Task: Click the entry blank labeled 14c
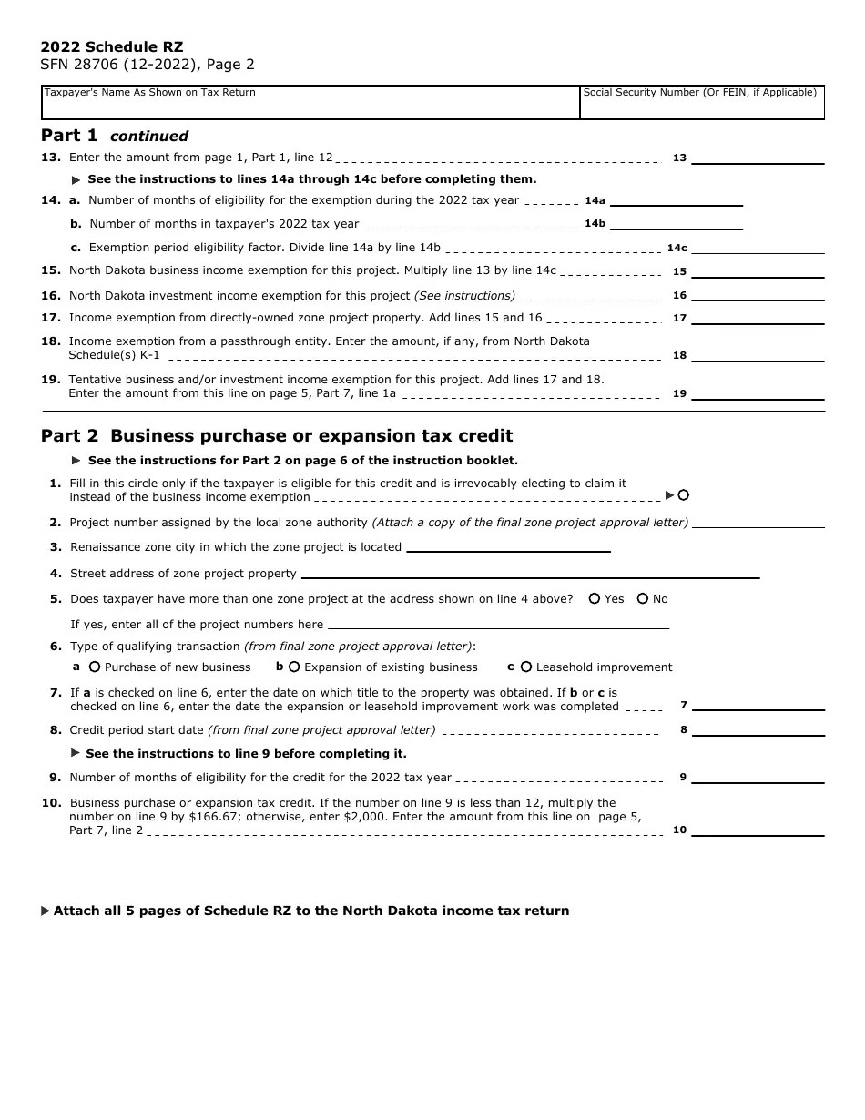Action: (758, 248)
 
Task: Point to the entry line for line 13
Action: (758, 158)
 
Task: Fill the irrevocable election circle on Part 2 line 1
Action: (683, 495)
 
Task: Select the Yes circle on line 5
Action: (595, 599)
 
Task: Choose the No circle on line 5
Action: (643, 599)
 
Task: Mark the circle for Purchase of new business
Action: (95, 667)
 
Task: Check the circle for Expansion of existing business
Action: (294, 667)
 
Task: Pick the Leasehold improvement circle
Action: (526, 667)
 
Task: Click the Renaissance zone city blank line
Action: (508, 547)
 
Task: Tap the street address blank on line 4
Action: (530, 574)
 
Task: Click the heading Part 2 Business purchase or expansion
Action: (277, 436)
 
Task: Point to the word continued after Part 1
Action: (149, 137)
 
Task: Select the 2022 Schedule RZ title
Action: (112, 47)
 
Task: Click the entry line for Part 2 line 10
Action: (758, 830)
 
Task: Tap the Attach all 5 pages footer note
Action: (310, 911)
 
